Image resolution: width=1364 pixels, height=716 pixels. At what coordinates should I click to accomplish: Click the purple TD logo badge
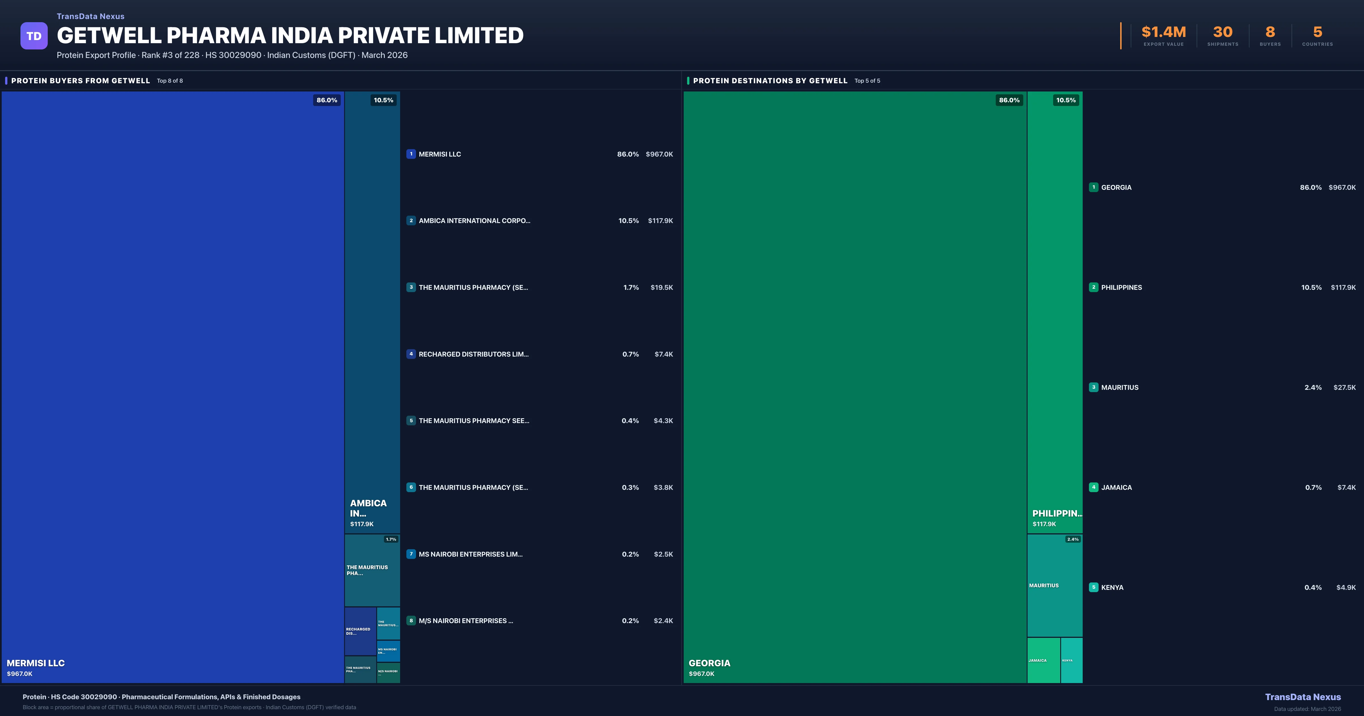point(34,36)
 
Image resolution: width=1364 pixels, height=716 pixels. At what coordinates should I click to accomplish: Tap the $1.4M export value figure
point(1163,32)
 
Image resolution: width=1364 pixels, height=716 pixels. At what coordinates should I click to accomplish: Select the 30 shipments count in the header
point(1222,32)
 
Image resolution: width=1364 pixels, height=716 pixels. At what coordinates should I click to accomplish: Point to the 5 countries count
point(1317,32)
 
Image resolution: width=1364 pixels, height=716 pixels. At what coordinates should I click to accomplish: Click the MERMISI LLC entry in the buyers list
point(440,154)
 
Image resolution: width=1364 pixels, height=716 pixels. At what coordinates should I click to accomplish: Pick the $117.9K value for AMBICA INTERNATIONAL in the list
point(660,221)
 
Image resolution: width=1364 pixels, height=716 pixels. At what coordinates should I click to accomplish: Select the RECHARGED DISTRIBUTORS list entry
point(473,354)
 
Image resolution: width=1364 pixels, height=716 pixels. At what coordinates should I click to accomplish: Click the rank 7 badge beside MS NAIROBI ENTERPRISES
point(411,554)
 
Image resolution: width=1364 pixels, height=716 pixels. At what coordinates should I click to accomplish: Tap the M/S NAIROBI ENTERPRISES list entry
point(465,621)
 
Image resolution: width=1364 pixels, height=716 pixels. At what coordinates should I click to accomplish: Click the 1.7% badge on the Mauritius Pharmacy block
point(391,539)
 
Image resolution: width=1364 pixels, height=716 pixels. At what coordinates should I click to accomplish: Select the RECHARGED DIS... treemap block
point(360,631)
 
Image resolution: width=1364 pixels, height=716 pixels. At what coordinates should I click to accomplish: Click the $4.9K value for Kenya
point(1346,587)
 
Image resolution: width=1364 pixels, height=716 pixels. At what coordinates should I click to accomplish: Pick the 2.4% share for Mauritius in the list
point(1313,388)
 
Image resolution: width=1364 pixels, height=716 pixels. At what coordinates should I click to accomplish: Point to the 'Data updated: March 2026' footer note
point(1307,709)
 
